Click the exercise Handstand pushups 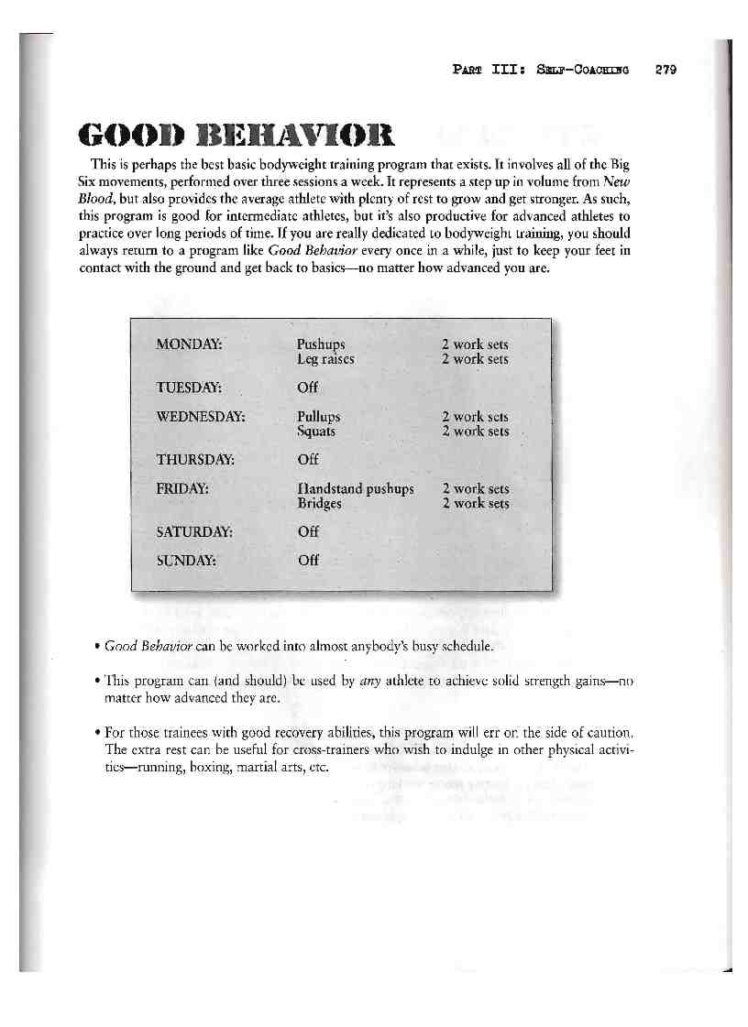tap(356, 489)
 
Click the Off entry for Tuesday tap(308, 388)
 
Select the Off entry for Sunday tap(308, 561)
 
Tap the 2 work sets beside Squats tap(475, 431)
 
